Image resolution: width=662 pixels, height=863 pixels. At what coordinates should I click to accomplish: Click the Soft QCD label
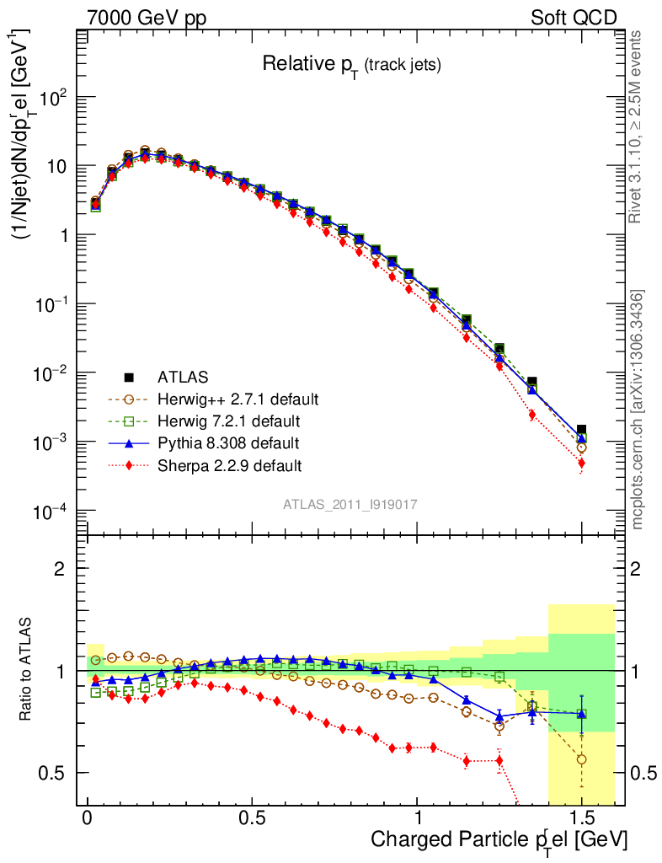pos(574,18)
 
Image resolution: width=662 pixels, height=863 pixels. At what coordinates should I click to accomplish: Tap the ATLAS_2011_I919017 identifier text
pos(350,504)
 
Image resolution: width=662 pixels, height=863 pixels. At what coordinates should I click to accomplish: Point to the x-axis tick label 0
pos(88,817)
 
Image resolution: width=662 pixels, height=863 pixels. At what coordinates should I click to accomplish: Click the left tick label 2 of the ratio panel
pos(60,569)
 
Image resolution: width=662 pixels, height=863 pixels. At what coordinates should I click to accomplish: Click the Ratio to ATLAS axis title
pos(28,671)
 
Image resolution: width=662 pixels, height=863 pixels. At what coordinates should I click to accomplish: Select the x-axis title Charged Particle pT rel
pos(498,840)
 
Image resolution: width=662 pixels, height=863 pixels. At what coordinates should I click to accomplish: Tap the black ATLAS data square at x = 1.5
pos(582,430)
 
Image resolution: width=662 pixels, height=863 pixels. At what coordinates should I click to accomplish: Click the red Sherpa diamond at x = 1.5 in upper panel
pos(582,464)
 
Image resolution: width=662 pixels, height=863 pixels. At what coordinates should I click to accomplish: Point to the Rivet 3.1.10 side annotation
pos(636,126)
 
